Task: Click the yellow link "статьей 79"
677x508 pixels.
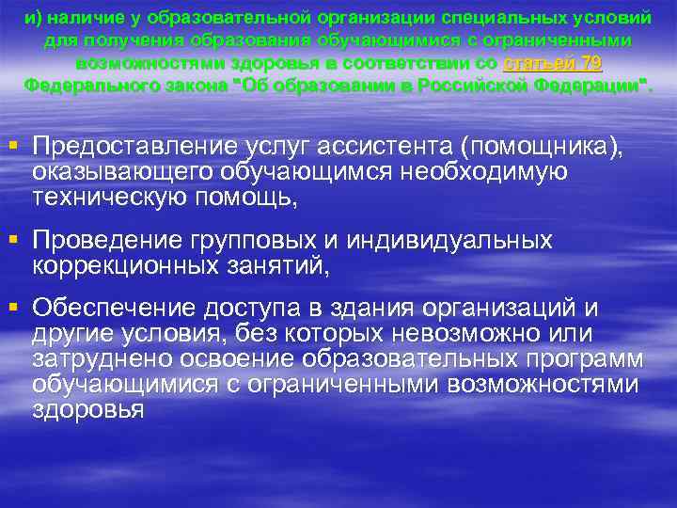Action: pos(553,63)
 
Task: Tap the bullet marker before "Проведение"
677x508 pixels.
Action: pos(12,239)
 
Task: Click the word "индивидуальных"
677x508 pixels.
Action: pos(449,241)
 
